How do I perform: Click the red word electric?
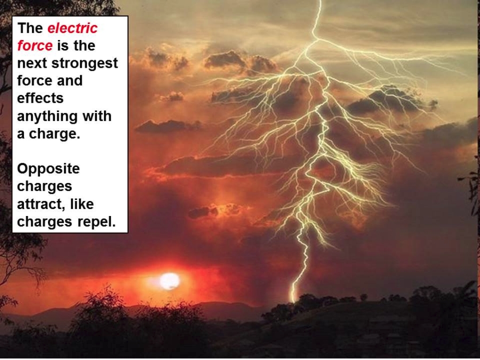click(73, 28)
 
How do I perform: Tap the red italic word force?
click(35, 46)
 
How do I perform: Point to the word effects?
click(40, 98)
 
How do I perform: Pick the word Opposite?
click(49, 169)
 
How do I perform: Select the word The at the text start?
click(30, 28)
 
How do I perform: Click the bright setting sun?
click(170, 281)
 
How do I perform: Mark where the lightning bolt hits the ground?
click(293, 301)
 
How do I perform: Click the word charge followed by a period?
click(54, 134)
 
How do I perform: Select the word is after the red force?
click(63, 46)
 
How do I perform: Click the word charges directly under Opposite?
click(45, 187)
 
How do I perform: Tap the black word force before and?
click(35, 81)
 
